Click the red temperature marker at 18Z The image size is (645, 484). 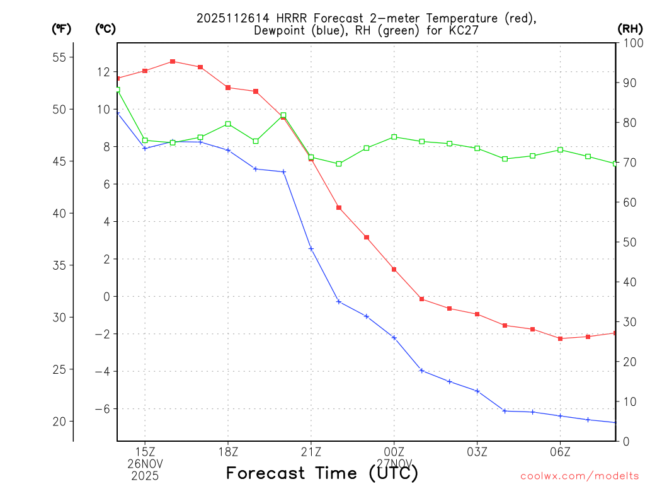[228, 88]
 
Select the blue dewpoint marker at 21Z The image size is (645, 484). [311, 249]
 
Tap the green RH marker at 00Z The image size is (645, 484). [394, 137]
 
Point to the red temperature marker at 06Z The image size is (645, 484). [560, 338]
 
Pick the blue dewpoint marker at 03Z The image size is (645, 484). [477, 391]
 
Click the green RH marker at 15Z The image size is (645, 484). [145, 141]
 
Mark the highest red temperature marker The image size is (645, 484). [173, 61]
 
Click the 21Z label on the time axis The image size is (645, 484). [311, 452]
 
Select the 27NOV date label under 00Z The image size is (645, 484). [394, 464]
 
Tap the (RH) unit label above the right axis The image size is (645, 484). [630, 28]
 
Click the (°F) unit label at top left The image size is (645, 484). [62, 28]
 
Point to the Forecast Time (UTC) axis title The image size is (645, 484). [322, 473]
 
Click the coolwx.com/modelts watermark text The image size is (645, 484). [579, 476]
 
